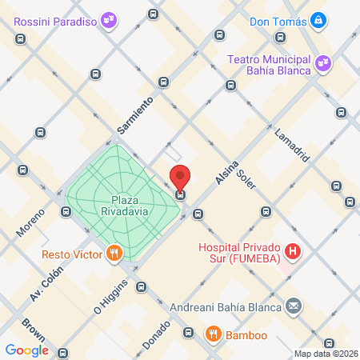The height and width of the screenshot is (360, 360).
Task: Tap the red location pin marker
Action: [x=181, y=177]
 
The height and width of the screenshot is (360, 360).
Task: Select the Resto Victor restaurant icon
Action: [x=115, y=254]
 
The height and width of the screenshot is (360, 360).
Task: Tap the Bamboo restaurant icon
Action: [x=213, y=333]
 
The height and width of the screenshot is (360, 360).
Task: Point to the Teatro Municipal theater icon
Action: [x=322, y=62]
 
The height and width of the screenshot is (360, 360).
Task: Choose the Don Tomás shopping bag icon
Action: [x=318, y=18]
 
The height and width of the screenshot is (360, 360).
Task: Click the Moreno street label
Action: [x=30, y=223]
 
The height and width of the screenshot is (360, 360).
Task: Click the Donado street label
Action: [x=156, y=334]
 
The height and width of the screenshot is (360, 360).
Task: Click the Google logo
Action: [x=26, y=350]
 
